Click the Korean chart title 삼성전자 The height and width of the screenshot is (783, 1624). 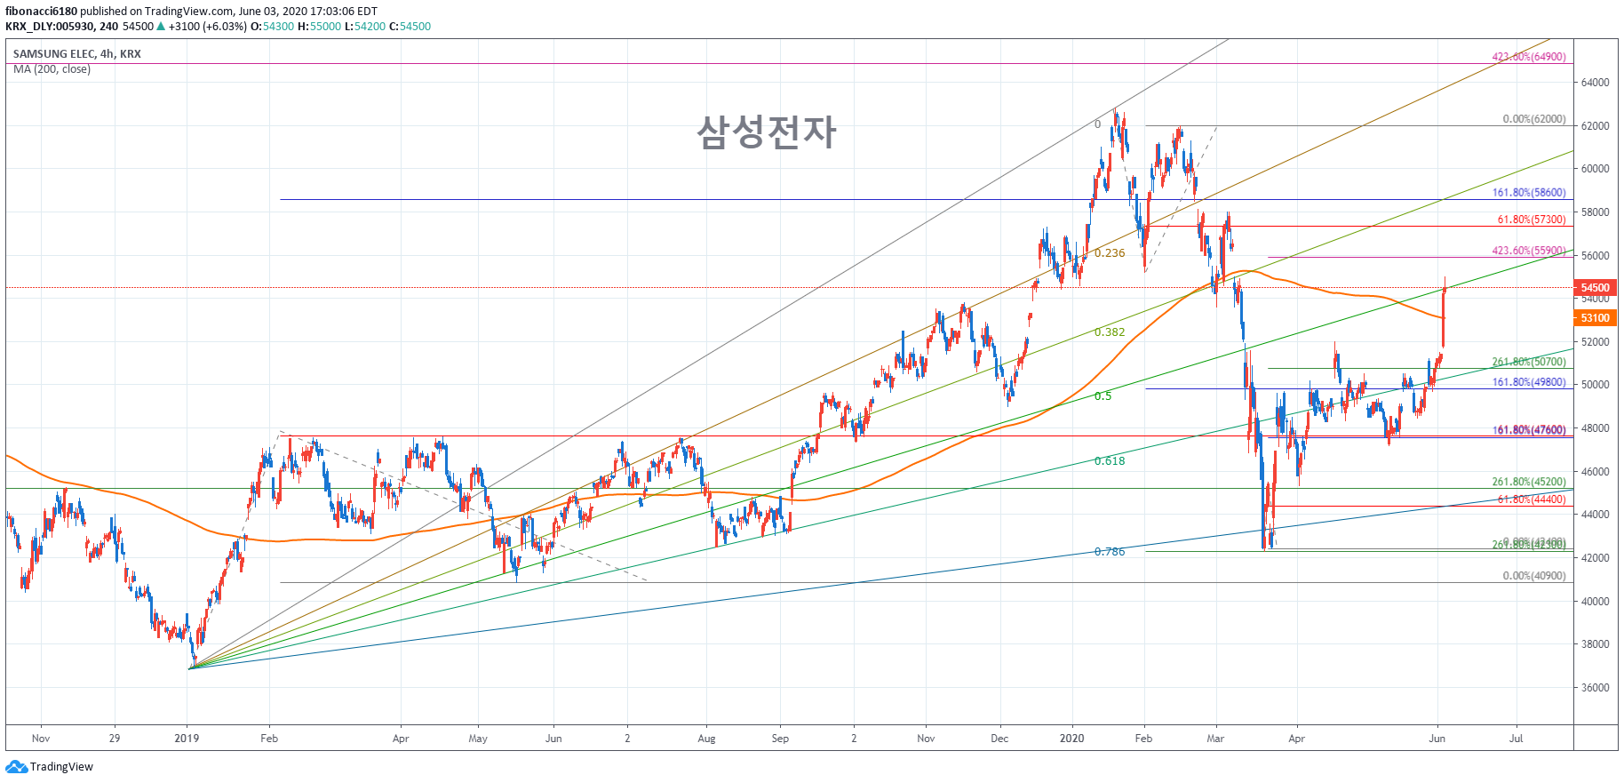pyautogui.click(x=766, y=132)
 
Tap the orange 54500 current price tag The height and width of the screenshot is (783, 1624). pyautogui.click(x=1595, y=288)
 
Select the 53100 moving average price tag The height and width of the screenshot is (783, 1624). pyautogui.click(x=1595, y=318)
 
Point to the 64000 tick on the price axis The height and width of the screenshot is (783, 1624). pyautogui.click(x=1595, y=83)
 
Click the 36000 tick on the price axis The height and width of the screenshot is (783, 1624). pyautogui.click(x=1595, y=688)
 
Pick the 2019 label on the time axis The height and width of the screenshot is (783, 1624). pyautogui.click(x=187, y=739)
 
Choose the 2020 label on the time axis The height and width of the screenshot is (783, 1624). pyautogui.click(x=1071, y=739)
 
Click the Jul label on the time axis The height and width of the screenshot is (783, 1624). pyautogui.click(x=1516, y=739)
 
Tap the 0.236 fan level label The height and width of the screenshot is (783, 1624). pyautogui.click(x=1110, y=253)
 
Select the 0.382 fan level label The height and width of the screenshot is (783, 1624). pyautogui.click(x=1110, y=332)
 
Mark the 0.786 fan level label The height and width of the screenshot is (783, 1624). pyautogui.click(x=1110, y=552)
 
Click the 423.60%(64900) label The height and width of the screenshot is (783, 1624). pyautogui.click(x=1528, y=57)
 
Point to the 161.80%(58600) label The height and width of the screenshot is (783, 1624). pyautogui.click(x=1528, y=193)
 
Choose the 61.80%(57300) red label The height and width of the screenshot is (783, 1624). pyautogui.click(x=1531, y=220)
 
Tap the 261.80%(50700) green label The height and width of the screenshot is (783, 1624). pyautogui.click(x=1528, y=362)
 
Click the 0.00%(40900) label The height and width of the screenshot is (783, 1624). pyautogui.click(x=1533, y=576)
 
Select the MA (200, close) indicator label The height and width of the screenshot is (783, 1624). pyautogui.click(x=52, y=69)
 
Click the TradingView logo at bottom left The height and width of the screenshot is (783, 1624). pyautogui.click(x=50, y=767)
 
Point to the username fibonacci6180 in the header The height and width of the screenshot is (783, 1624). pyautogui.click(x=41, y=12)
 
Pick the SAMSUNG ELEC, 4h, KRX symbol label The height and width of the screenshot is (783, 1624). pyautogui.click(x=76, y=54)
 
